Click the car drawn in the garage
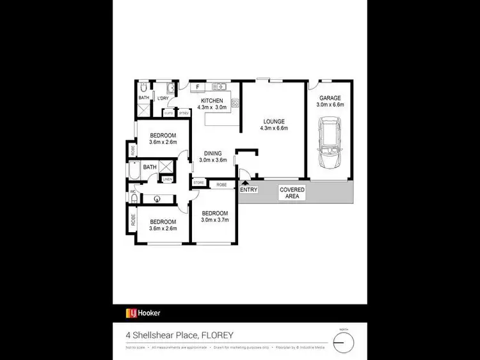click(x=330, y=145)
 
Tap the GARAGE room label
click(x=331, y=98)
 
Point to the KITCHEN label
click(x=212, y=101)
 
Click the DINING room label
click(x=212, y=153)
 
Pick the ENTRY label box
click(x=248, y=190)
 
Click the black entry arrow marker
click(x=245, y=184)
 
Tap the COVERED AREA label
click(x=292, y=193)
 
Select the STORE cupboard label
click(x=198, y=184)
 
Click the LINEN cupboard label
click(x=166, y=180)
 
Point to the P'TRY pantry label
click(x=183, y=113)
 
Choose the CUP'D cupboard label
click(x=168, y=113)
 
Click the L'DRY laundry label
click(x=163, y=98)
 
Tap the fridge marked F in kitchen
click(x=198, y=86)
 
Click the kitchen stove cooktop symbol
click(x=236, y=102)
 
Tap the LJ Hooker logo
click(x=143, y=313)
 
